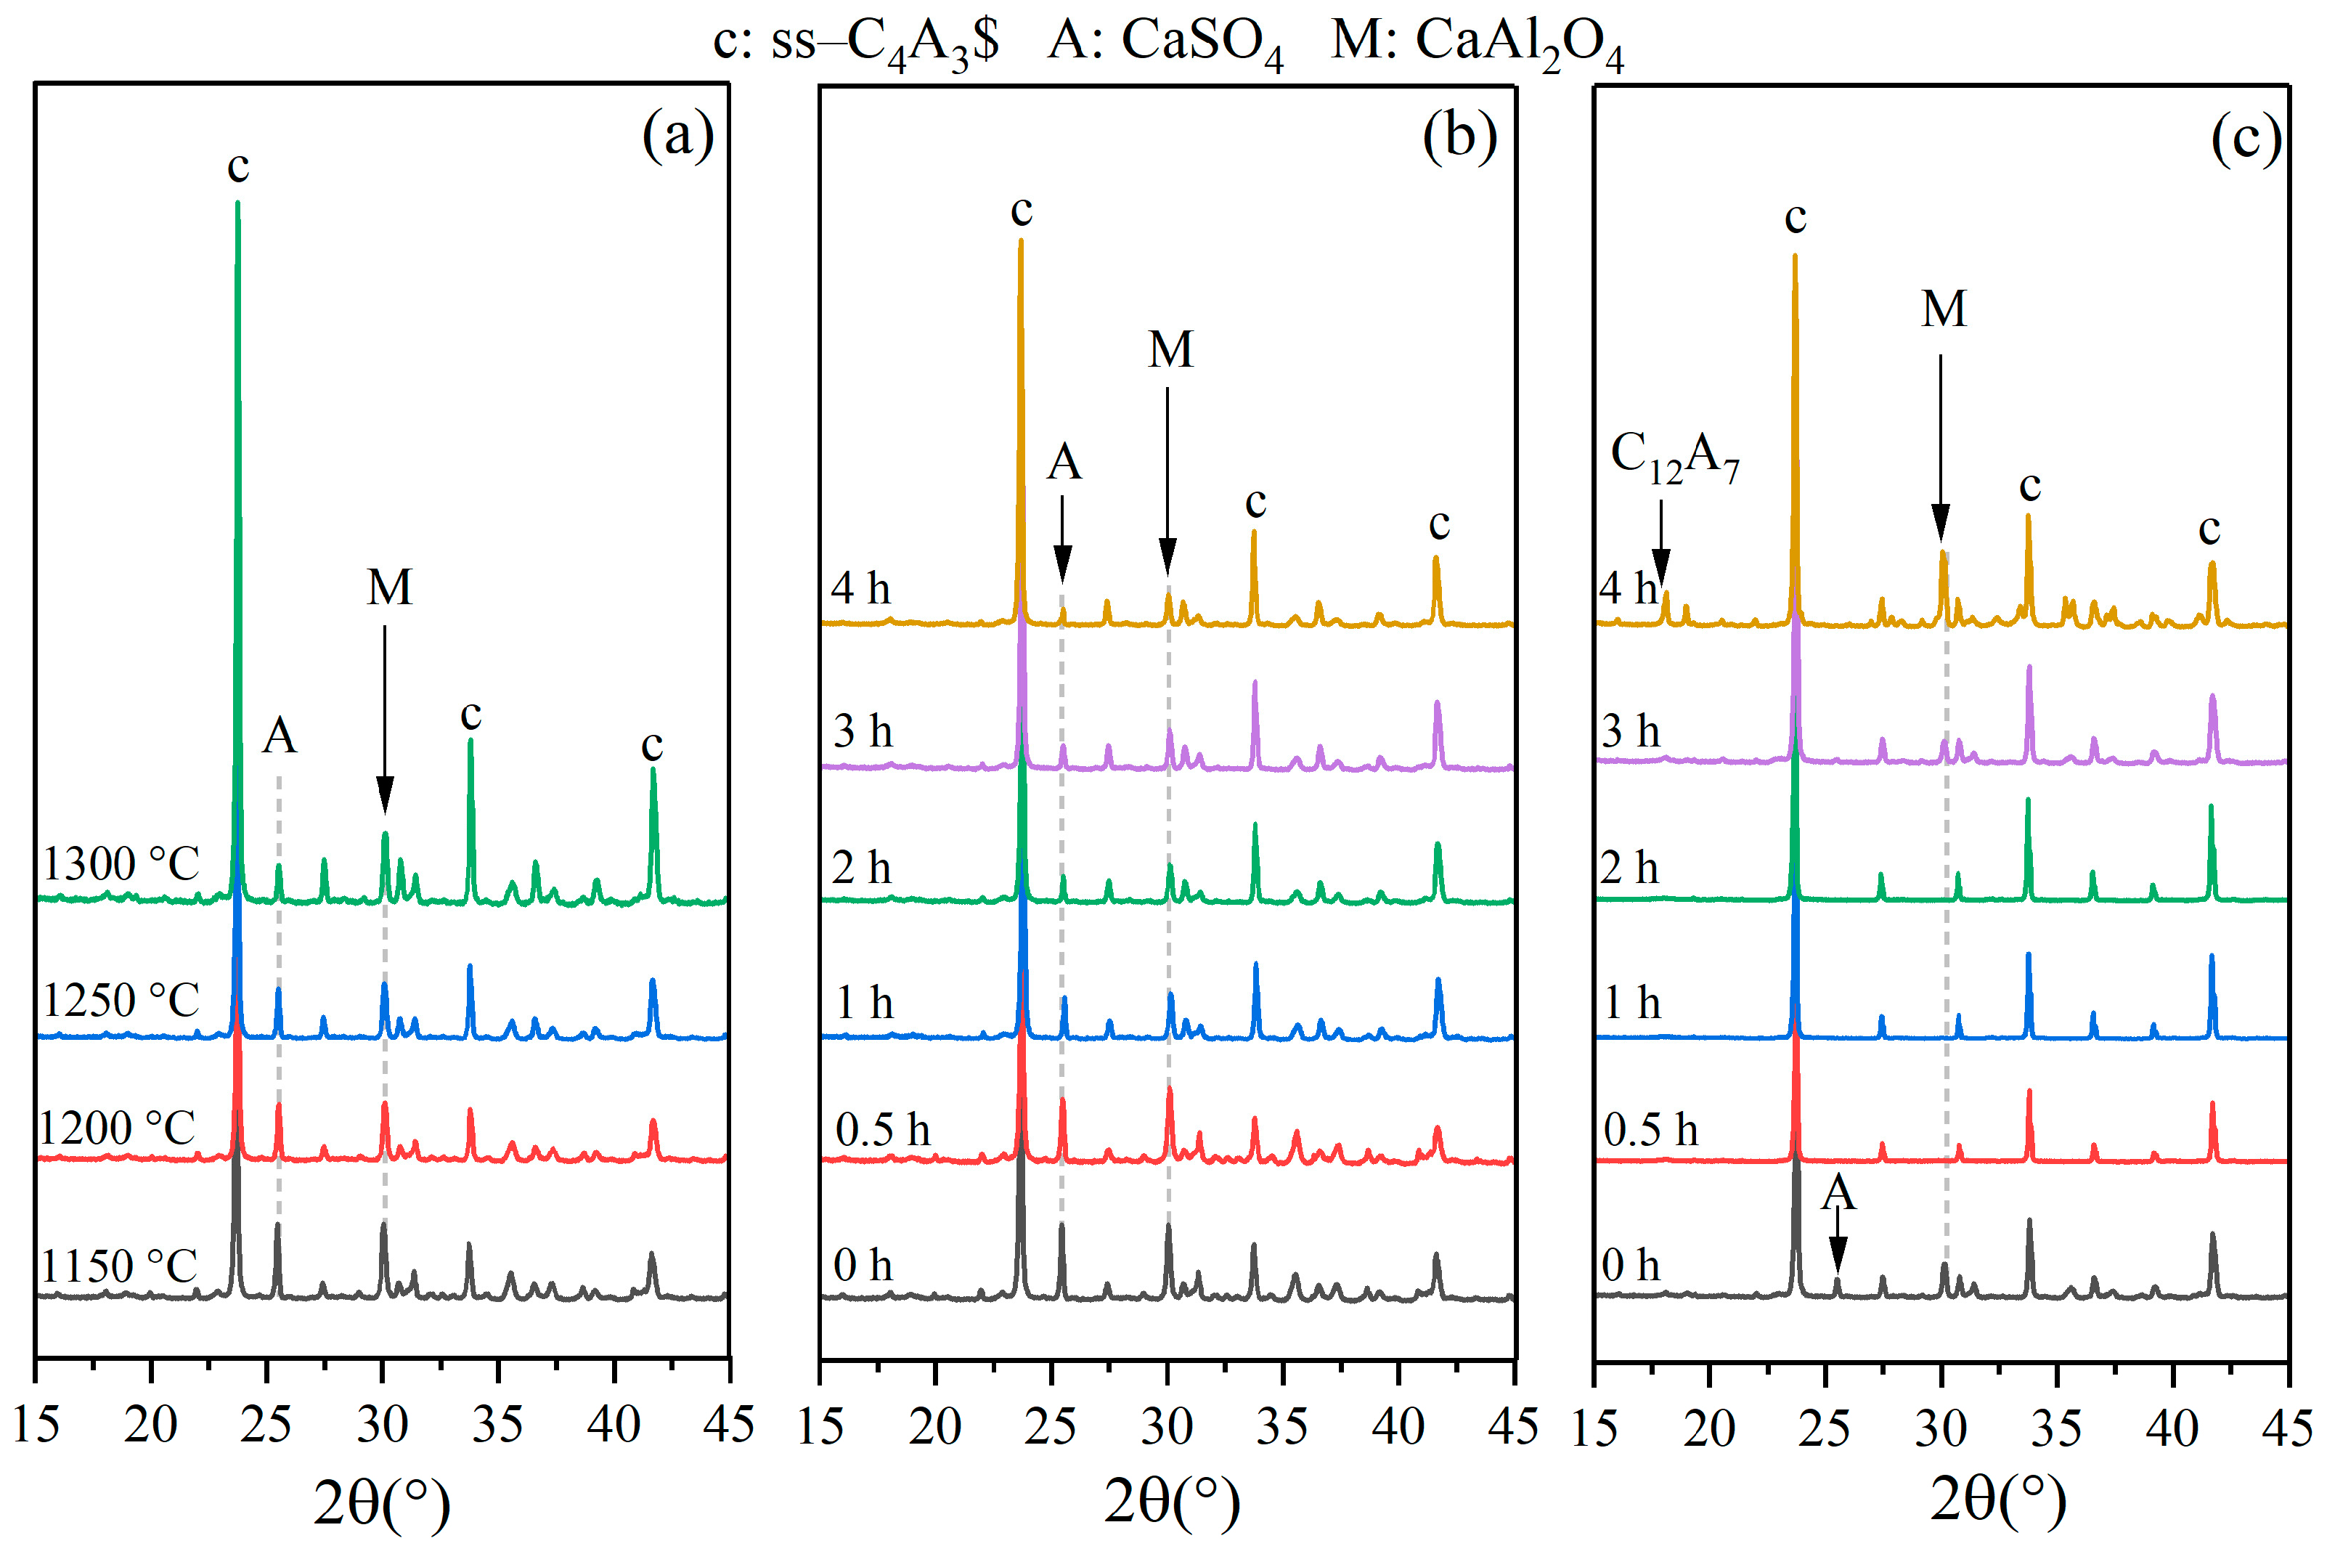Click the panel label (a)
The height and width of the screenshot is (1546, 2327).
tap(677, 135)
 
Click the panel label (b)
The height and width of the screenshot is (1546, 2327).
tap(1459, 135)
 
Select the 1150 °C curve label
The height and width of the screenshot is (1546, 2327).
tap(119, 1266)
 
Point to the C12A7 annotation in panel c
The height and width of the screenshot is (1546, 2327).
tap(1674, 457)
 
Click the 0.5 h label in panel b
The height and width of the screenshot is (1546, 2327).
tap(882, 1130)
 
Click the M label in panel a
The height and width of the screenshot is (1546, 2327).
tap(389, 589)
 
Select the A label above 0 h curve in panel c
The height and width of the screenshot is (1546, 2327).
tap(1837, 1194)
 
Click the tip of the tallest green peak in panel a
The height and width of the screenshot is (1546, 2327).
tap(237, 204)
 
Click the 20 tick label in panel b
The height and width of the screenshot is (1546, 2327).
tap(934, 1427)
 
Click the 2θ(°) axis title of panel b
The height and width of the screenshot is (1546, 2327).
tap(1171, 1502)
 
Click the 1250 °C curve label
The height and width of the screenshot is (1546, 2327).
tap(121, 1001)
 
